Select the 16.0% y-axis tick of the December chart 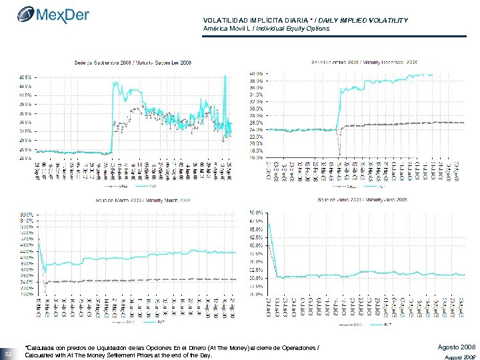point(255,158)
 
